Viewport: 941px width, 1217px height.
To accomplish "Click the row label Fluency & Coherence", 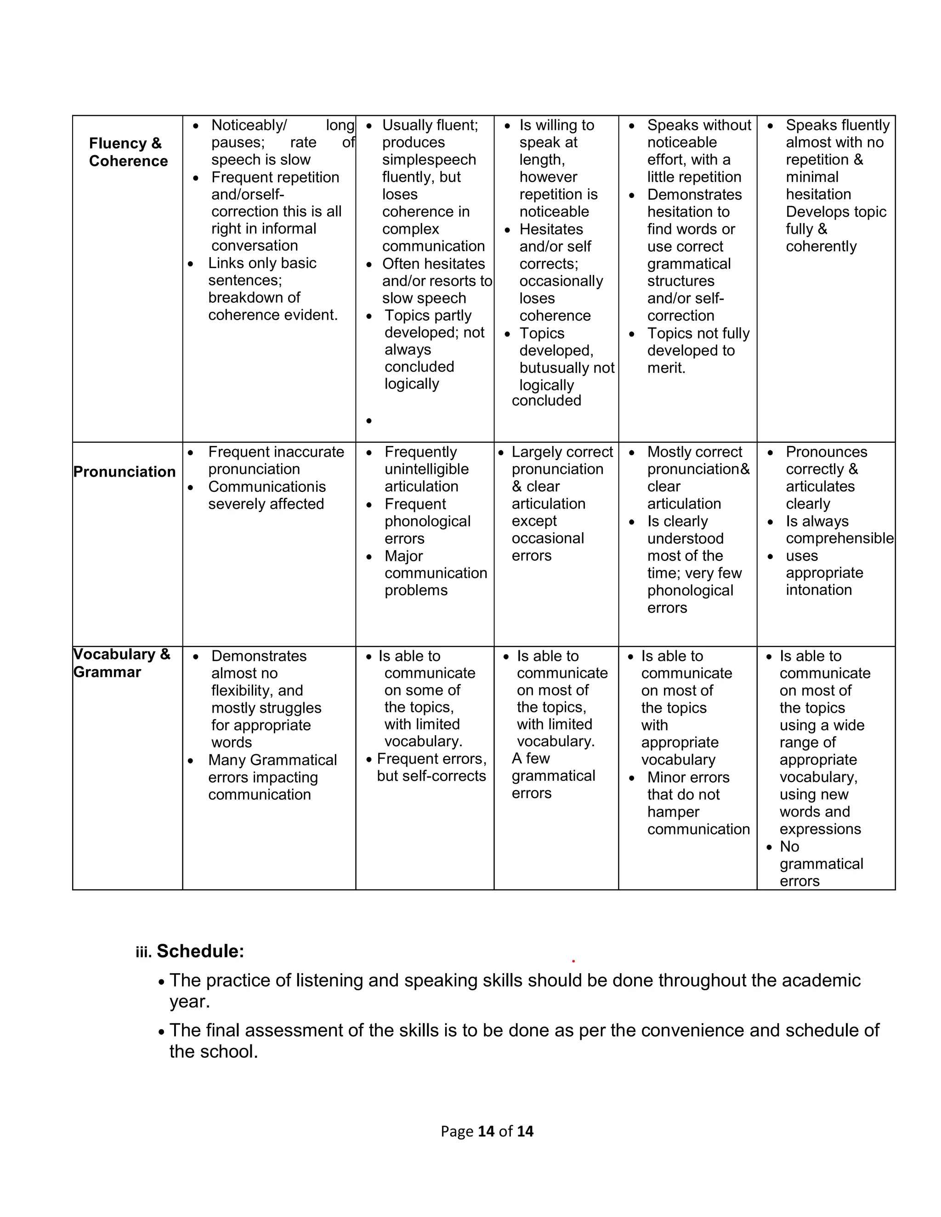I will (x=128, y=152).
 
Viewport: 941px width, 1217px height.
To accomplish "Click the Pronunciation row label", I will (x=125, y=472).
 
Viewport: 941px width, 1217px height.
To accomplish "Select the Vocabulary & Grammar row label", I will (x=121, y=663).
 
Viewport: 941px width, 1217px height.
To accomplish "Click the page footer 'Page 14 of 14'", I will (x=487, y=1131).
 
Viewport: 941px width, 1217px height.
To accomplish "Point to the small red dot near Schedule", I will (x=573, y=961).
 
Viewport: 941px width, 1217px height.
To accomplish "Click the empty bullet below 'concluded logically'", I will (x=369, y=421).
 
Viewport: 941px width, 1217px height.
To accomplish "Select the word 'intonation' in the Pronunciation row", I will (x=818, y=590).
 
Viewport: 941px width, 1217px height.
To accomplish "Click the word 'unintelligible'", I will (x=426, y=469).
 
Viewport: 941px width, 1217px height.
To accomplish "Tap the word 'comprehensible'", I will (x=839, y=538).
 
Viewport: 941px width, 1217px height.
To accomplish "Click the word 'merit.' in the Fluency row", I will (x=666, y=368).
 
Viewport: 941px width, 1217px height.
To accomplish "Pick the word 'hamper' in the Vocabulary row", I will (x=673, y=812).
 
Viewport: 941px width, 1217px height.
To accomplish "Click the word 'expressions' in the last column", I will (x=820, y=828).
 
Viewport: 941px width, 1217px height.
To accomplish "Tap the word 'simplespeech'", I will (x=429, y=159).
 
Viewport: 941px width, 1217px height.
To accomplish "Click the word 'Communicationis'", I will (x=266, y=486).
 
